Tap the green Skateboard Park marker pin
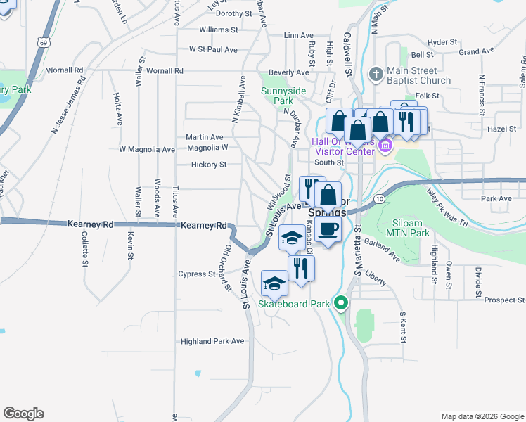(x=342, y=304)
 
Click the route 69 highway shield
(x=44, y=43)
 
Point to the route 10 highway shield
(x=380, y=200)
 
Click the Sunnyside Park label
(x=283, y=96)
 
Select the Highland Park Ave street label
(x=212, y=341)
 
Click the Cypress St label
(x=196, y=274)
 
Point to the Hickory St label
(x=208, y=165)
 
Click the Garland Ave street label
(x=381, y=250)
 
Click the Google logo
(x=23, y=414)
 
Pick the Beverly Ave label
(x=288, y=72)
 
